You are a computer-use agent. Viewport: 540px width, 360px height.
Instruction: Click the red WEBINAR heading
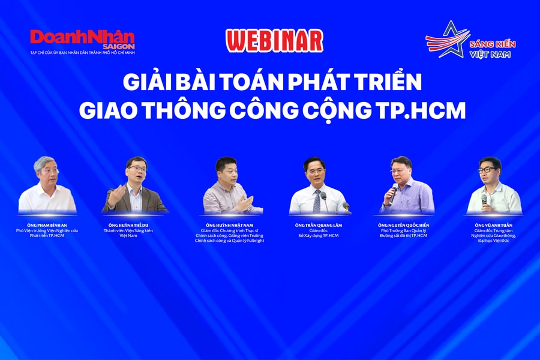(x=274, y=40)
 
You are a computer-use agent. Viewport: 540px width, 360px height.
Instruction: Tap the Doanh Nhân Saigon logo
(x=83, y=38)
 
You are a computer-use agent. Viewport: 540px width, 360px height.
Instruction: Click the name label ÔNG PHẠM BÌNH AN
(x=47, y=225)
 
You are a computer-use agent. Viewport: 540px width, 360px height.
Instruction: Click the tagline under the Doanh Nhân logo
(x=83, y=53)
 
